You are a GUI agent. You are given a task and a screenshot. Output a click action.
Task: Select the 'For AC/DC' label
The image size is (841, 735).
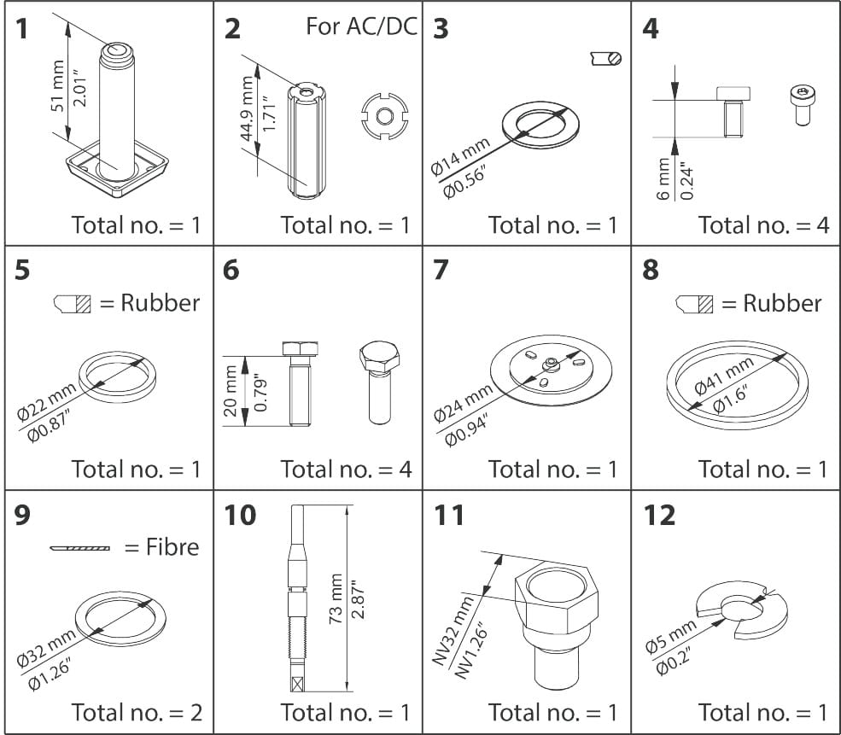pos(361,26)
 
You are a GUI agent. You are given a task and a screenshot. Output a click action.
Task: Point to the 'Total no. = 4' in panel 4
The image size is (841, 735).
pos(763,225)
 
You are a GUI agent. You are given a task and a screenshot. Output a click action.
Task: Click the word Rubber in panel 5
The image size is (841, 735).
pos(160,303)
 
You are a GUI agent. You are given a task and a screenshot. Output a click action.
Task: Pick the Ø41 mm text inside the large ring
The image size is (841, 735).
pos(724,376)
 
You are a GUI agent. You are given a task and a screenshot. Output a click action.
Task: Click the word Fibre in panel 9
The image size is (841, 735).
pos(161,546)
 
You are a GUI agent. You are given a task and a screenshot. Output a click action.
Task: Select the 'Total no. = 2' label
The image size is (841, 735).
pos(137,711)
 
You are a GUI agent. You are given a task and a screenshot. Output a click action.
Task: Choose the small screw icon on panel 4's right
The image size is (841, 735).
pos(802,106)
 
